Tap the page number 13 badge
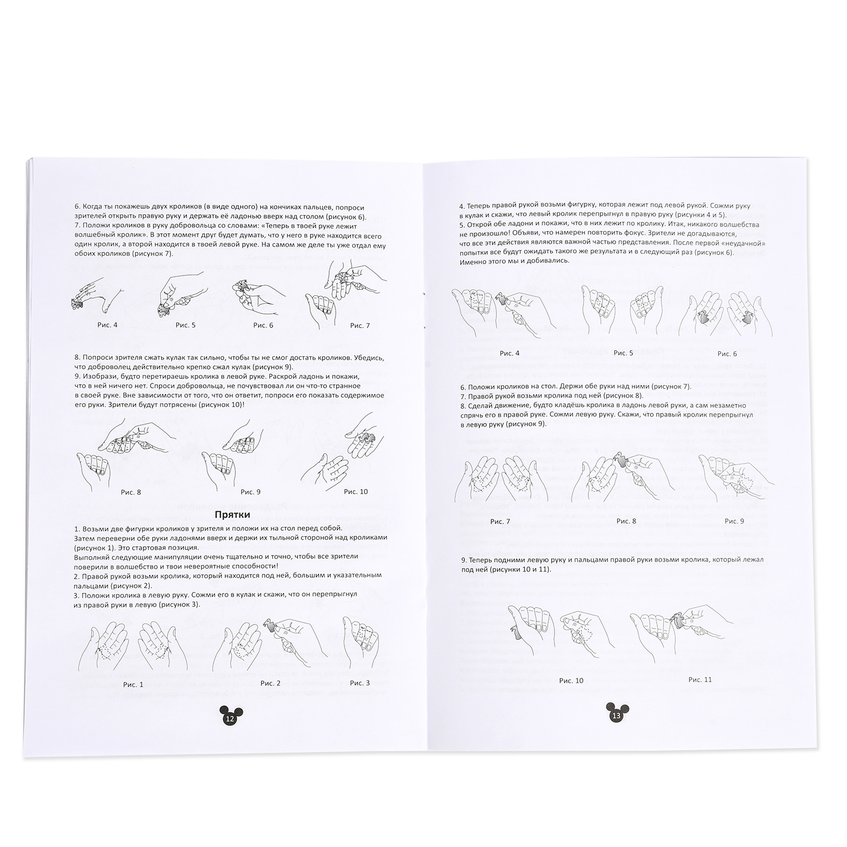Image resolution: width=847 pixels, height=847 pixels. tap(616, 714)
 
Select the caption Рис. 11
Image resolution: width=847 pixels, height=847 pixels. tap(700, 679)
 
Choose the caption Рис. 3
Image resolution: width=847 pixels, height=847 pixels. tap(360, 683)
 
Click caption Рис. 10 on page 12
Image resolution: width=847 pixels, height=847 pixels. tap(356, 492)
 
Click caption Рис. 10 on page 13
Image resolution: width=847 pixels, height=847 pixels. tap(571, 681)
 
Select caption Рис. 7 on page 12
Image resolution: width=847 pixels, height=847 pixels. tap(360, 325)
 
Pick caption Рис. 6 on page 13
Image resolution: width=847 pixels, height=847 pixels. tap(727, 353)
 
